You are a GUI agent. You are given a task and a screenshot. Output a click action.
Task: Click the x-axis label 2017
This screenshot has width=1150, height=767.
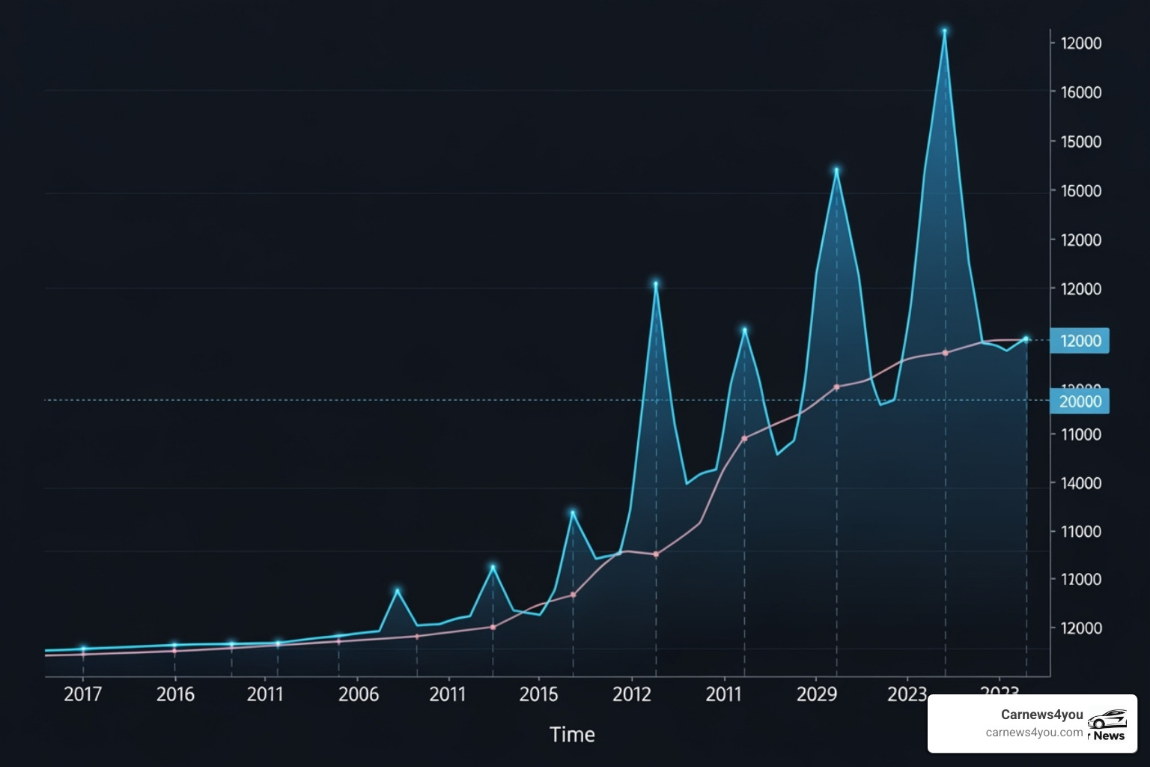(82, 694)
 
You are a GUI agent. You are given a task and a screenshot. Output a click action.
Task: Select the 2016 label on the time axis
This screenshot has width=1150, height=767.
(175, 694)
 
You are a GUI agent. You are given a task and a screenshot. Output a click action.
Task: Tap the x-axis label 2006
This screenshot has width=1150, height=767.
(359, 694)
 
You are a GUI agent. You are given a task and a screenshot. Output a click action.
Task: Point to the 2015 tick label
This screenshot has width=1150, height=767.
(539, 694)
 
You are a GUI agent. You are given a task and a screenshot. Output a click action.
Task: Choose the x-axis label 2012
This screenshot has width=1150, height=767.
(632, 694)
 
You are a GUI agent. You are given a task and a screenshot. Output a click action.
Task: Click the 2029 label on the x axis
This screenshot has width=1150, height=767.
(817, 694)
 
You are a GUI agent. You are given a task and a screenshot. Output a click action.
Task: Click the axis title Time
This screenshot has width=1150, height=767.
(572, 735)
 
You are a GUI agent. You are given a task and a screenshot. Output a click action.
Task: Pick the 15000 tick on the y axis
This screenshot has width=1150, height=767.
(1080, 142)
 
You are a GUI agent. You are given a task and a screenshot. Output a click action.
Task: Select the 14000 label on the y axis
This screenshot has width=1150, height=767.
(1080, 483)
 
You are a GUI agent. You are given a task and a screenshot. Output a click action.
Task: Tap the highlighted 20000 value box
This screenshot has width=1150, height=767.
(1080, 401)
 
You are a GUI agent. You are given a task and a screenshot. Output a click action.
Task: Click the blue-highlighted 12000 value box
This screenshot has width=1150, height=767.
(1080, 341)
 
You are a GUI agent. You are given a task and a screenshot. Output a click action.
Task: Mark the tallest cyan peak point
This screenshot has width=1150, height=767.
(945, 32)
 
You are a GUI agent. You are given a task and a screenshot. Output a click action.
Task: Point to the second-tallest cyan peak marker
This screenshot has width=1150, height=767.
(836, 171)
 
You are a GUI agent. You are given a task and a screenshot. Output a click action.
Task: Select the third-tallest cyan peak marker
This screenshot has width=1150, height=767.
(656, 285)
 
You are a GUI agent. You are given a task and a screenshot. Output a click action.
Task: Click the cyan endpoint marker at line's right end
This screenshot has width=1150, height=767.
(1026, 339)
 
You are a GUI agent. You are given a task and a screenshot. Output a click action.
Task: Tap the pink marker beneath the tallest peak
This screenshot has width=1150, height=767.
(945, 353)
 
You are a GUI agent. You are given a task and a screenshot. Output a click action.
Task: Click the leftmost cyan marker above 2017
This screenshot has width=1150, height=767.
(83, 649)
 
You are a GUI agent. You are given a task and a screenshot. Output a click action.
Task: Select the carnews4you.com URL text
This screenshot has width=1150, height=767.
(1034, 733)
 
